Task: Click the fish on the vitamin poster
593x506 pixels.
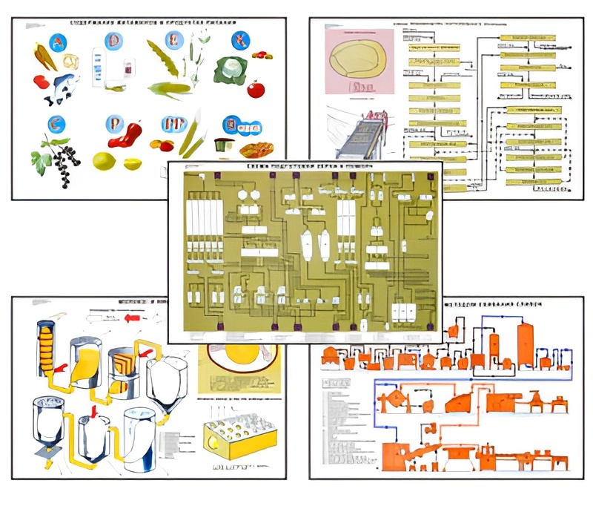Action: pyautogui.click(x=59, y=88)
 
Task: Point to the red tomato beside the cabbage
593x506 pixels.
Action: pyautogui.click(x=256, y=90)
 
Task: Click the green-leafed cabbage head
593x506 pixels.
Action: pyautogui.click(x=230, y=70)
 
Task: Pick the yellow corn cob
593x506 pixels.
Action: pyautogui.click(x=170, y=89)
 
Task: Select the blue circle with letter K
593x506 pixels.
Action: pyautogui.click(x=240, y=40)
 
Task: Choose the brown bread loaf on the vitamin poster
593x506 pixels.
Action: pyautogui.click(x=256, y=149)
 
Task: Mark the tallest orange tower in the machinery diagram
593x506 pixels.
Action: pyautogui.click(x=526, y=344)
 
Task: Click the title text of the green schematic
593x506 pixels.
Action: pyautogui.click(x=305, y=169)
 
